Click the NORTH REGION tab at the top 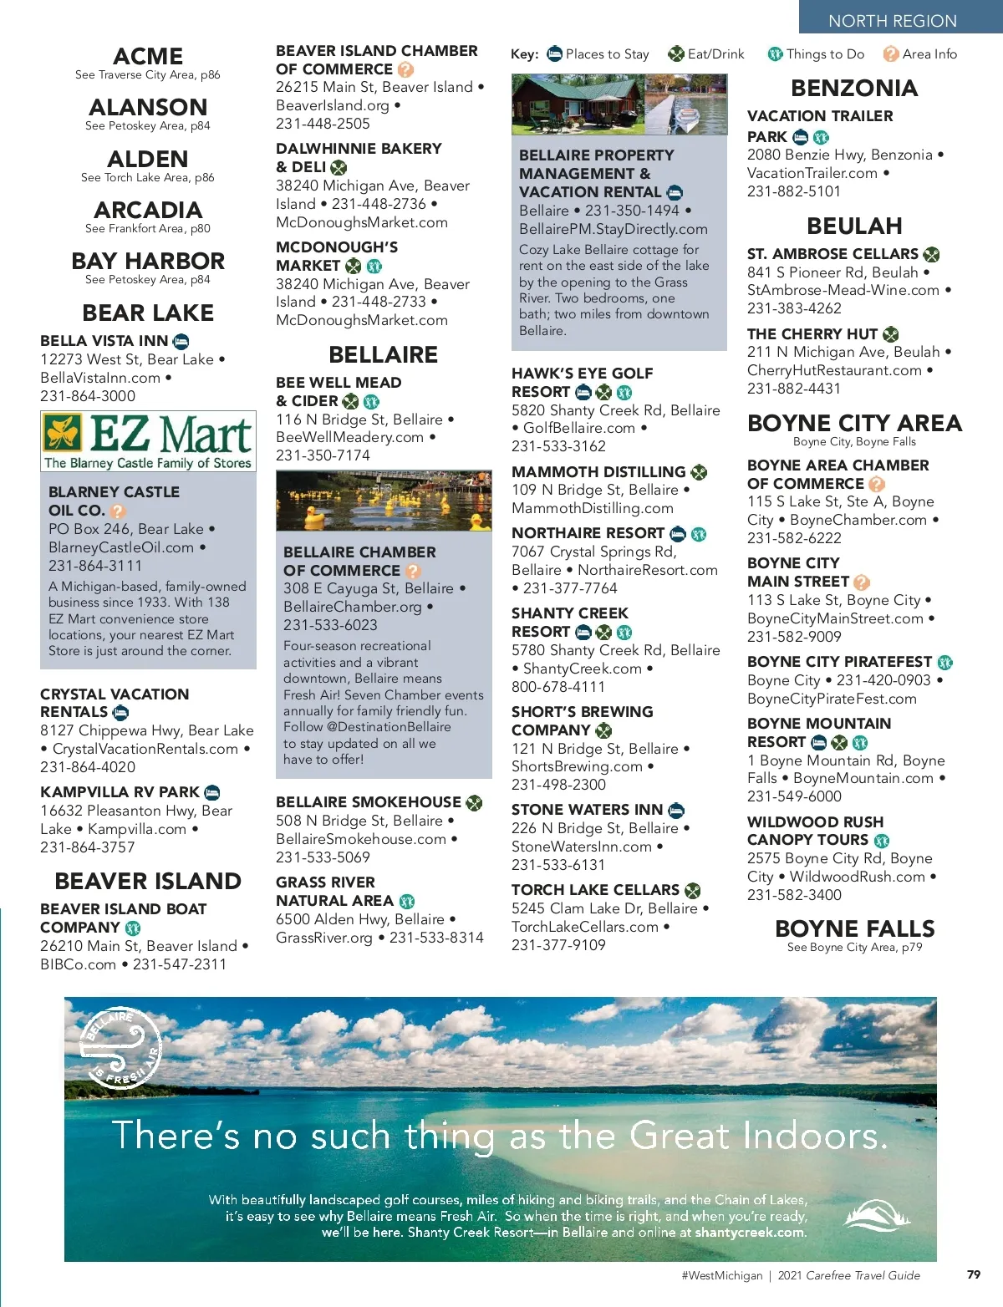pos(892,20)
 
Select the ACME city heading pos(148,56)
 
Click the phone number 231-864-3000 pos(88,396)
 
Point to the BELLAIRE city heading pos(383,354)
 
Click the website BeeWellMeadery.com pos(350,437)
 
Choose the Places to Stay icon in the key pos(555,54)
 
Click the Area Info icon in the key pos(891,54)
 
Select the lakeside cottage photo pos(619,104)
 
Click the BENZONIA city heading pos(854,88)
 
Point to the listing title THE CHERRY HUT pos(812,334)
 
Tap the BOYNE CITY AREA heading pos(854,423)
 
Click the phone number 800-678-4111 pos(558,687)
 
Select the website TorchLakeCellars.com pos(585,927)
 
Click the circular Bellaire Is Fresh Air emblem pos(121,1049)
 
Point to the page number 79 pos(974,1274)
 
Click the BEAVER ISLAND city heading pos(148,881)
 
